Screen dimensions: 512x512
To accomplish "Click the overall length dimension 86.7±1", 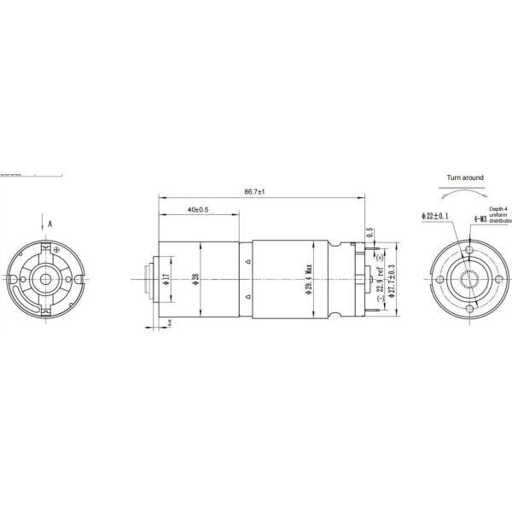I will click(x=254, y=192).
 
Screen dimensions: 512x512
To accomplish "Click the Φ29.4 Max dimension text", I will click(x=308, y=280).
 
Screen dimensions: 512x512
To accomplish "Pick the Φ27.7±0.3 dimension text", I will click(x=391, y=278).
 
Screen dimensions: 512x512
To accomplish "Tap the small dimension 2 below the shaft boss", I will click(x=170, y=323).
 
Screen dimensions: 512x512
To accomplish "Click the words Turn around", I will click(x=465, y=178).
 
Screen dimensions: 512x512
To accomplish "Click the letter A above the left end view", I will click(x=50, y=223).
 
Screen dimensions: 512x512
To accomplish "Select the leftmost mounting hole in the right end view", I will click(x=440, y=279).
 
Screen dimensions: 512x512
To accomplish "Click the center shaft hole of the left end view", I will click(x=46, y=278).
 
